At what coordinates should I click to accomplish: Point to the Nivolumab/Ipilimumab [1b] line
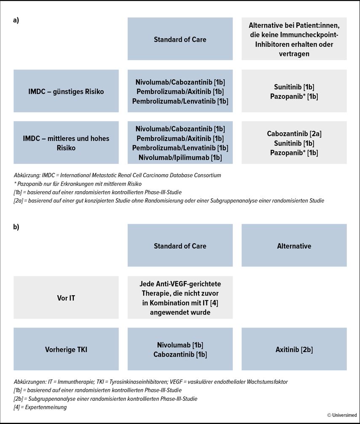coord(180,158)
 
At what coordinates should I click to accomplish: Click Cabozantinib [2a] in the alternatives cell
coord(294,134)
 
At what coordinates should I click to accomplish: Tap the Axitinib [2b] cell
coord(294,349)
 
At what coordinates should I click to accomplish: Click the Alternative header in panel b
coord(294,245)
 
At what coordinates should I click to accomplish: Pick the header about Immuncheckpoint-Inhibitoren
coord(294,39)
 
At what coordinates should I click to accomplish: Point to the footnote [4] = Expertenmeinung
coord(40,408)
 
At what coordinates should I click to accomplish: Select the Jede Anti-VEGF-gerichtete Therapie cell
coord(180,298)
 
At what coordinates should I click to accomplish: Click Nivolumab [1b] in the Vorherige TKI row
coord(180,345)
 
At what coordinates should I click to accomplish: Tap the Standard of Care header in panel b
coord(180,245)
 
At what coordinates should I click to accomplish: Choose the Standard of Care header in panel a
coord(180,40)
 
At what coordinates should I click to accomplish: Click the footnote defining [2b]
coord(105,399)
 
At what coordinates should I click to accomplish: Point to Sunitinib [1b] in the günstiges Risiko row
coord(294,87)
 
